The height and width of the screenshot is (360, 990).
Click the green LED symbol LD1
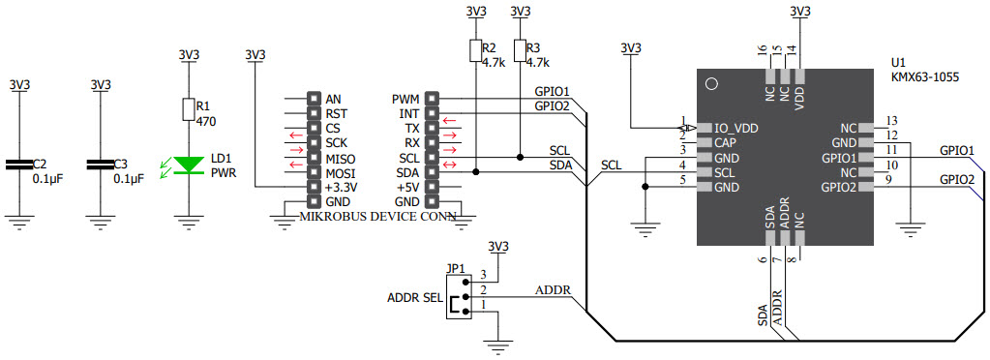coord(188,165)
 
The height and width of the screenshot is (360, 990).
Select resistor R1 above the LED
coord(188,108)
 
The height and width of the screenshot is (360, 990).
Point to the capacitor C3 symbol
coord(101,165)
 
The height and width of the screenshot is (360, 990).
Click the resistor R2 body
coord(474,51)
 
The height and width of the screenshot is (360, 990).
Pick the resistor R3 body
coord(520,51)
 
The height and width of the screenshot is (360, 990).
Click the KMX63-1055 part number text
coord(924,76)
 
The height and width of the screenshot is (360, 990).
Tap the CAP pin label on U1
coord(727,142)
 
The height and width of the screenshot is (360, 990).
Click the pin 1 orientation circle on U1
coord(711,84)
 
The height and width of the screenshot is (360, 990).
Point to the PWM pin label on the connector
coord(405,100)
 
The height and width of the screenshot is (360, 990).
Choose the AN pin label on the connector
coord(334,100)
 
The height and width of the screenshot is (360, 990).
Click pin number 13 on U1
coord(891,121)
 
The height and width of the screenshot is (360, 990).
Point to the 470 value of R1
coord(205,123)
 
